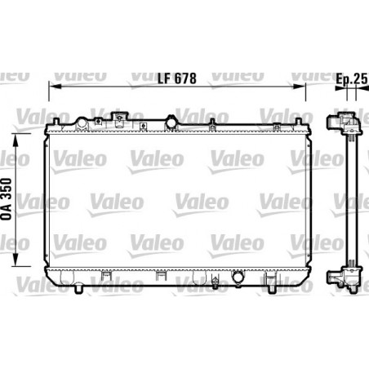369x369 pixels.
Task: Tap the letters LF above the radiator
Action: [x=165, y=79]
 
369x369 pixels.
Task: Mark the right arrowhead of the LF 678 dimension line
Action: [x=307, y=86]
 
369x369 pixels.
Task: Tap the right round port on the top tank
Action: [x=171, y=122]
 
